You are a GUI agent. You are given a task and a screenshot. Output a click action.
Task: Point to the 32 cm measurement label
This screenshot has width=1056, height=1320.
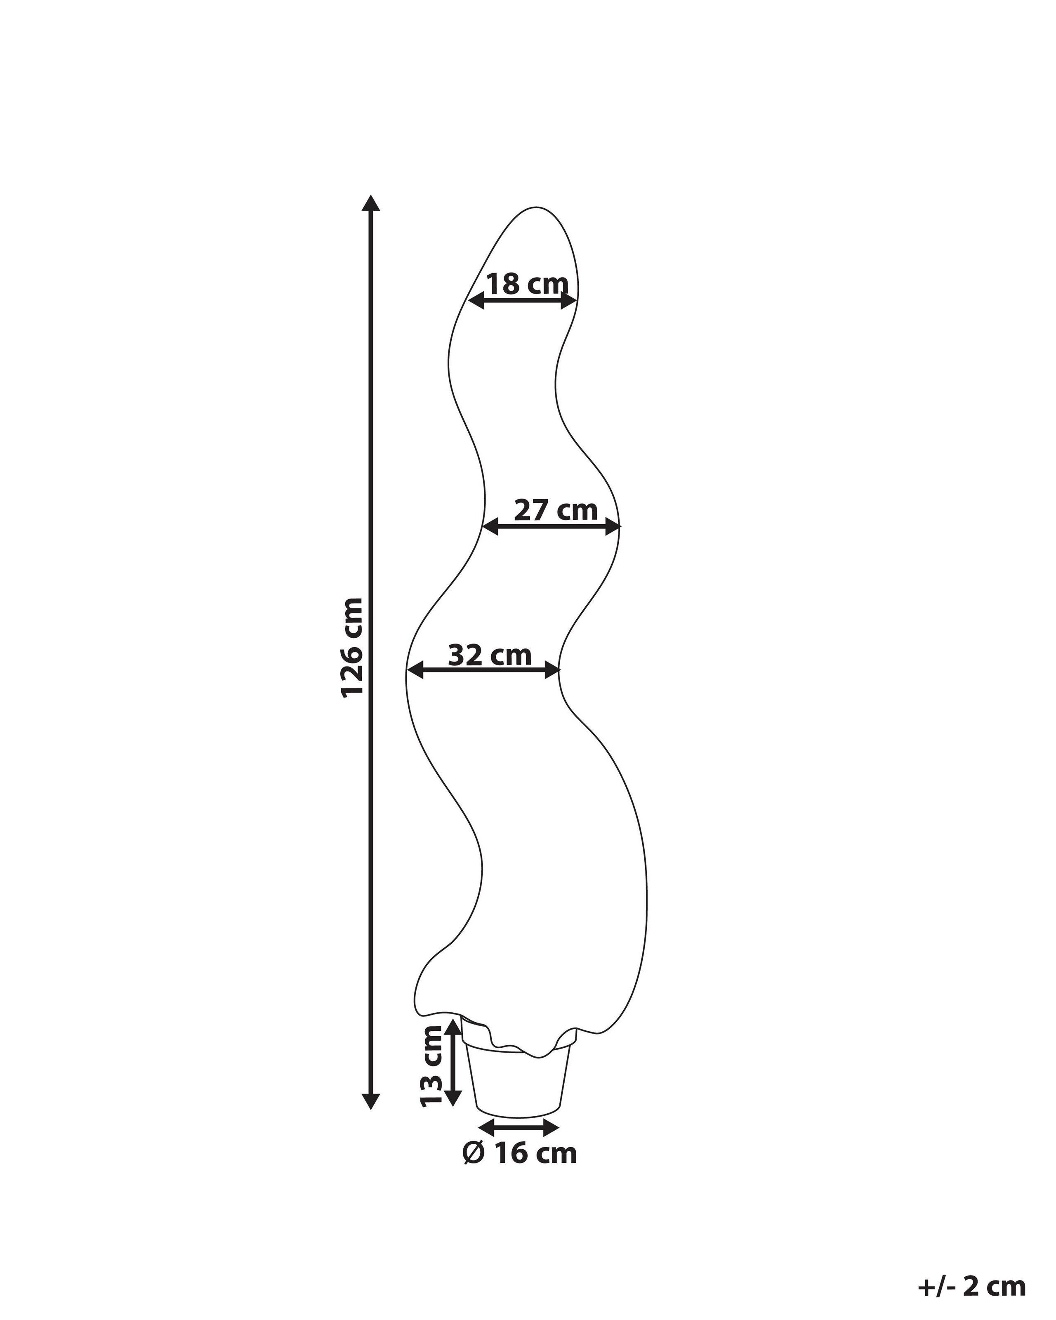(x=490, y=655)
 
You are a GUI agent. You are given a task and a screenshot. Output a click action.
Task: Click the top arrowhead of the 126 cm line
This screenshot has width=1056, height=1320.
(x=371, y=203)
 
